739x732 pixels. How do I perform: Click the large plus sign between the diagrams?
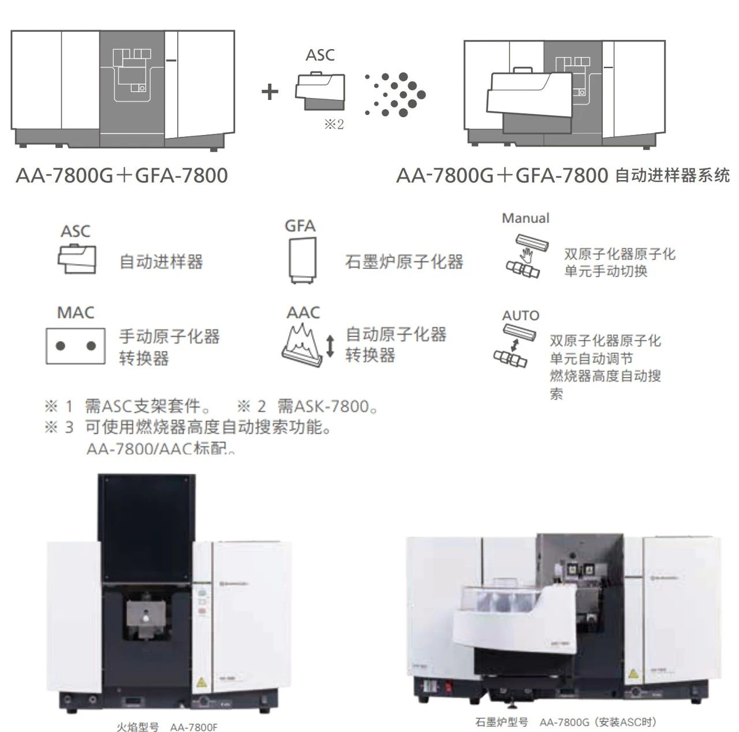pos(270,92)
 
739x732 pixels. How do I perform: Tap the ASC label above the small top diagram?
pos(320,55)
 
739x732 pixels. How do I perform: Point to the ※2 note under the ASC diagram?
pos(334,125)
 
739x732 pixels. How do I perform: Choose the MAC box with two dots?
pos(75,346)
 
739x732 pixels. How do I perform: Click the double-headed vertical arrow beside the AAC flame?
pos(330,345)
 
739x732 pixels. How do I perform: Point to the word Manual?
pos(525,218)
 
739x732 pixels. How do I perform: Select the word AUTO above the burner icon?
pos(520,316)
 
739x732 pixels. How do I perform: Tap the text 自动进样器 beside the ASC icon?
pos(161,262)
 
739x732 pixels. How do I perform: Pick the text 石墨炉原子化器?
pos(404,262)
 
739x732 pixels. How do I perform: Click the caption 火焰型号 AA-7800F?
pos(167,727)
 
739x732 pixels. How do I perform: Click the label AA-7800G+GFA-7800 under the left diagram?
pos(122,175)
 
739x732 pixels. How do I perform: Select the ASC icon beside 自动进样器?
pos(77,259)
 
